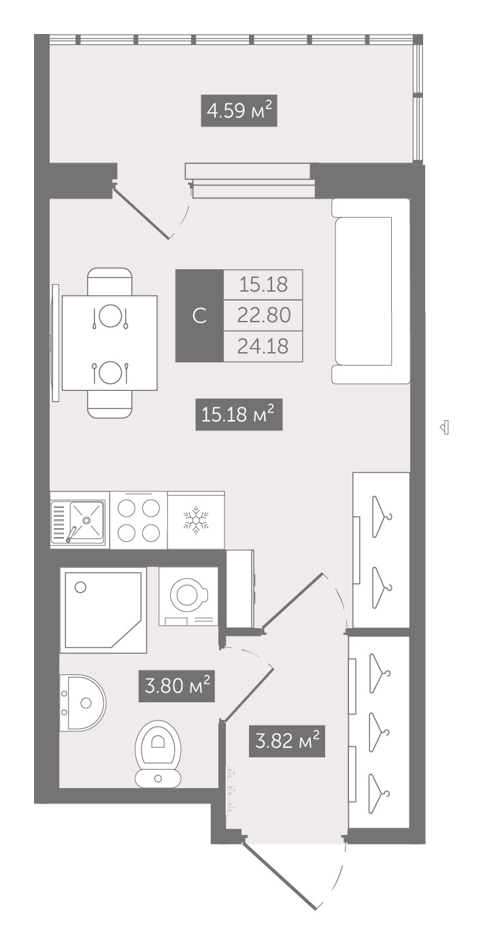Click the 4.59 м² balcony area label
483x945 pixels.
tap(239, 111)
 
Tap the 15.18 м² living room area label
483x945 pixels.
tap(239, 415)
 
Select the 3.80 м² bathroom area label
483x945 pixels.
tap(177, 686)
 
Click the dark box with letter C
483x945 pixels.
tap(199, 315)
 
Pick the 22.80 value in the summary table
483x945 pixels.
tap(263, 315)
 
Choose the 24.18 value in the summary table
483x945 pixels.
tap(263, 346)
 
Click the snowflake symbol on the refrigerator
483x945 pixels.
tap(196, 521)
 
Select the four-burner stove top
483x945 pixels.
tap(139, 521)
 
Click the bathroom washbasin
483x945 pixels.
tap(82, 703)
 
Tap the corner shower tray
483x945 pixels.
tap(103, 610)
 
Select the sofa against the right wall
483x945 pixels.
tap(371, 291)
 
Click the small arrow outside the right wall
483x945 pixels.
tap(444, 428)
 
